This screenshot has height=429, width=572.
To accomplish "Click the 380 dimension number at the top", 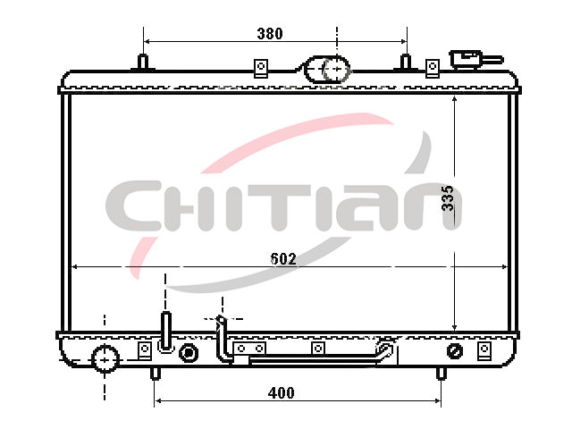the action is [x=270, y=34].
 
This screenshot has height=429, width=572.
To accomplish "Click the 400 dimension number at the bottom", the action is [x=281, y=393].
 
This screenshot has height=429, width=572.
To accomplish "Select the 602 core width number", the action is [x=283, y=258].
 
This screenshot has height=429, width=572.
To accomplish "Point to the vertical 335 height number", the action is [x=447, y=198].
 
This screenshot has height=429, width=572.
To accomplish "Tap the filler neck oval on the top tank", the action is [x=326, y=69].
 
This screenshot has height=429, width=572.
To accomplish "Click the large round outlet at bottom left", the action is [x=105, y=359].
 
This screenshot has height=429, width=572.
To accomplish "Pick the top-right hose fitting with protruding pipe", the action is [x=475, y=60].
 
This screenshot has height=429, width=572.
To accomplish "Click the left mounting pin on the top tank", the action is [x=143, y=62].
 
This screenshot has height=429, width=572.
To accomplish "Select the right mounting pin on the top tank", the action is [x=405, y=62].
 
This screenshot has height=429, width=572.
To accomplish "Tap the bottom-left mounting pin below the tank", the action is [x=156, y=374].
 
